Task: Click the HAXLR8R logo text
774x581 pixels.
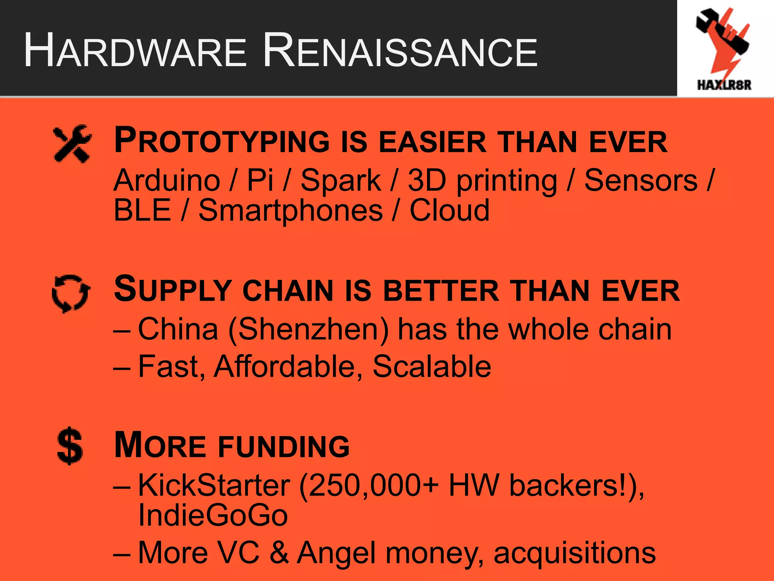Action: (724, 85)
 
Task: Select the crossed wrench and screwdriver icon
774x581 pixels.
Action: (72, 144)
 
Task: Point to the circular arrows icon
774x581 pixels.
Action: (71, 294)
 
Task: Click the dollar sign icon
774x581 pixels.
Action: (70, 446)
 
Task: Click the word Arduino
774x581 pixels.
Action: (167, 180)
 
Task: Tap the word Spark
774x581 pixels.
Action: (341, 180)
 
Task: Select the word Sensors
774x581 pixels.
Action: (641, 180)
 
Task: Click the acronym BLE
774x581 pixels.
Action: (142, 210)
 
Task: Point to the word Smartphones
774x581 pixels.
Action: (291, 211)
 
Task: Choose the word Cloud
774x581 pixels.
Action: (450, 210)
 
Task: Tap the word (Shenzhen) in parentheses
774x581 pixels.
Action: (308, 330)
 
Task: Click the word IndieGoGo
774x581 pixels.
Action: (213, 515)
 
